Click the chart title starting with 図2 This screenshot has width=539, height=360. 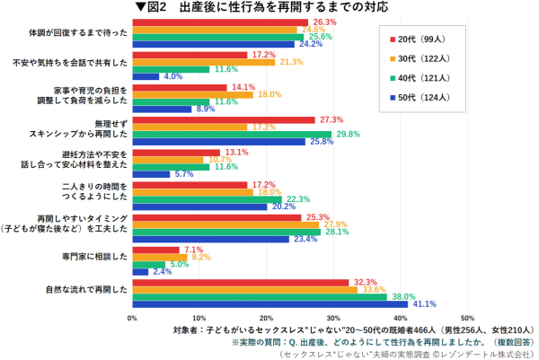(264, 8)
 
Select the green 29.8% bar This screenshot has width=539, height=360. (232, 134)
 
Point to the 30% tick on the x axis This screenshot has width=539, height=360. (333, 318)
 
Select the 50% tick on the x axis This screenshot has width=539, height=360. (466, 318)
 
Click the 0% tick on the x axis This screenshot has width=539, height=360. (133, 318)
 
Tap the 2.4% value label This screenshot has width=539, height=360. (163, 271)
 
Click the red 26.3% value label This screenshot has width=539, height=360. (325, 22)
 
